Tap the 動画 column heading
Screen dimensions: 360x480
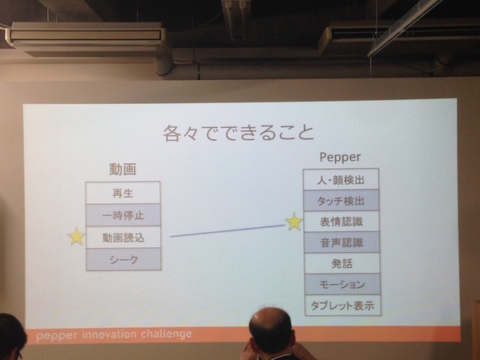pyautogui.click(x=122, y=170)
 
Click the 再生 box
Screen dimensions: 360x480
pyautogui.click(x=122, y=193)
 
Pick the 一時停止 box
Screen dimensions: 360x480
pyautogui.click(x=122, y=215)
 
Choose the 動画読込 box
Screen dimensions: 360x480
pyautogui.click(x=122, y=238)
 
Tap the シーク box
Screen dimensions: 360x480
pyautogui.click(x=122, y=259)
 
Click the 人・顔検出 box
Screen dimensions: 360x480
pyautogui.click(x=342, y=179)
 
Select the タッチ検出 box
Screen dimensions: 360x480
pyautogui.click(x=342, y=200)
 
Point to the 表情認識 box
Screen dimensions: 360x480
pyautogui.click(x=342, y=221)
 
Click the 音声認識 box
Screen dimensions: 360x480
pyautogui.click(x=342, y=242)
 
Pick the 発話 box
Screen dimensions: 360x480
pyautogui.click(x=342, y=262)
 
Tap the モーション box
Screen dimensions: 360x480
pyautogui.click(x=342, y=284)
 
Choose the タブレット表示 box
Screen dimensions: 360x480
pyautogui.click(x=342, y=305)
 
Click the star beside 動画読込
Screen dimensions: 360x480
pyautogui.click(x=76, y=237)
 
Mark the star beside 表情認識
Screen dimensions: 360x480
pyautogui.click(x=294, y=222)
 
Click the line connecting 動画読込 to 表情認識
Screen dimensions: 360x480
pyautogui.click(x=227, y=230)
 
